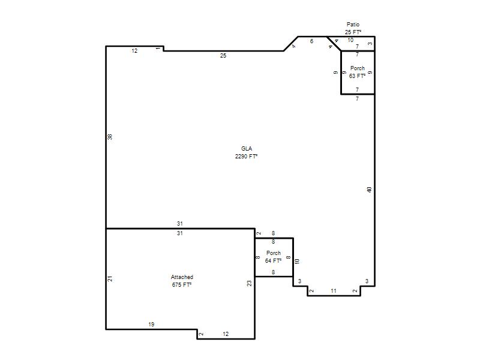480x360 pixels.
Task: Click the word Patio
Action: pos(353,24)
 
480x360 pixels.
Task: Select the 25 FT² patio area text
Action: pos(353,32)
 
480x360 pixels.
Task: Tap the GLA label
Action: pos(247,148)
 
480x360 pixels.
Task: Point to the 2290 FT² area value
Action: pos(246,156)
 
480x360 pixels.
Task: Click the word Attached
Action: pos(182,277)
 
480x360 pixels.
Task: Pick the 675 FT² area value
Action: pos(182,284)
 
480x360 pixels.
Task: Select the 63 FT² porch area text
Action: pos(357,76)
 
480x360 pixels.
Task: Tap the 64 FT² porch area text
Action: pos(274,260)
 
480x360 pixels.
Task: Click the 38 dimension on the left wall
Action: pos(110,137)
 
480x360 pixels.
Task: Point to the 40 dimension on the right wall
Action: pos(369,190)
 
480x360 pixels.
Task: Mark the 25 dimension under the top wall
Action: pos(223,55)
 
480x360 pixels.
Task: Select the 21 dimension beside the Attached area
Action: pos(110,278)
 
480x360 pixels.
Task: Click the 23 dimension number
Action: pos(249,283)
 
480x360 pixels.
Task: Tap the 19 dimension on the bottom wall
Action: pos(151,324)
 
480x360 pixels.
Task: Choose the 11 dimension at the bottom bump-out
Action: pos(334,290)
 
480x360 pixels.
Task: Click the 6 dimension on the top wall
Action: pos(311,41)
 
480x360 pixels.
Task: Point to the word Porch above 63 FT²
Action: pos(358,68)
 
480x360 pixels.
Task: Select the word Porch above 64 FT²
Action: pos(274,253)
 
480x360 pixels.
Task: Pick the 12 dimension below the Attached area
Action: pos(226,334)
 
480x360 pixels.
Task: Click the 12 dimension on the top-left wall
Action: pos(134,51)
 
